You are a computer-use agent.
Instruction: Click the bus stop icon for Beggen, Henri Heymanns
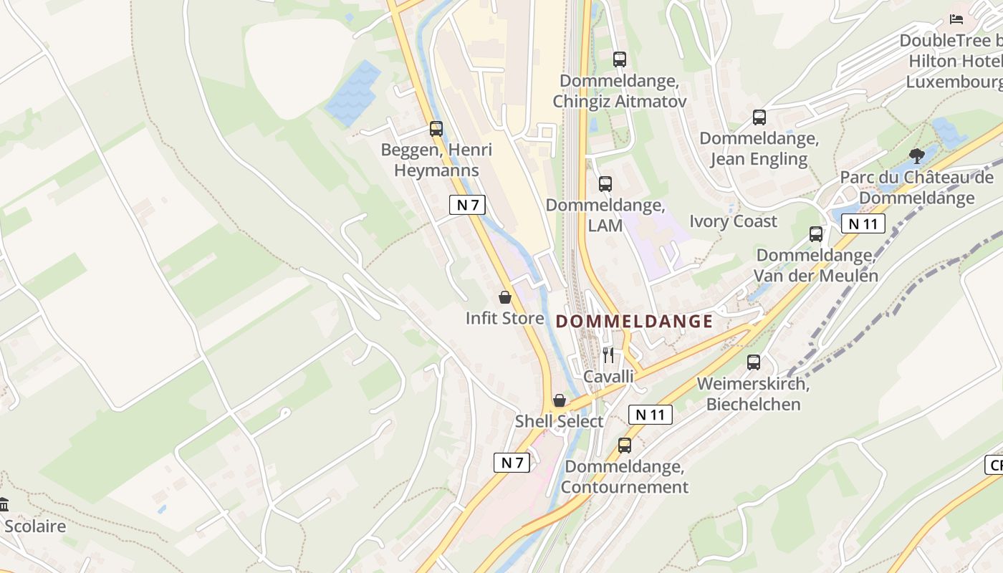coord(436,129)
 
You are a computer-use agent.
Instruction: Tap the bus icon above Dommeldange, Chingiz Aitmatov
coord(620,59)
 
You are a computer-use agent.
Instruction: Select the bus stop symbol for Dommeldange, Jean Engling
coord(759,117)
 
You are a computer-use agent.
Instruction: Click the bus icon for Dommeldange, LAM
coord(605,184)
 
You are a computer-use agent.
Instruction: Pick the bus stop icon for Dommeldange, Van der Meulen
coord(815,234)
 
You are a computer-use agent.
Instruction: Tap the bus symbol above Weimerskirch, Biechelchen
coord(753,362)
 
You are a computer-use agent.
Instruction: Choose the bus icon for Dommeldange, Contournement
coord(624,446)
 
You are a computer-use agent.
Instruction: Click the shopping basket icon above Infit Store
coord(505,297)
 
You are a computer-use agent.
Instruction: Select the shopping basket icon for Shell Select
coord(559,400)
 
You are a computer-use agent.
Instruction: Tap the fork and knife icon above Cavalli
coord(608,355)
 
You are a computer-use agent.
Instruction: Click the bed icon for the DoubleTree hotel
coord(956,19)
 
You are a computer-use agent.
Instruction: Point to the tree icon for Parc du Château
coord(916,155)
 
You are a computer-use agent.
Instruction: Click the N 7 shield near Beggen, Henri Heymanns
coord(467,205)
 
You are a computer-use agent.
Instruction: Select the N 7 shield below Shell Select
coord(512,463)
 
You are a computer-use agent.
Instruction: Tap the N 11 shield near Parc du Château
coord(863,223)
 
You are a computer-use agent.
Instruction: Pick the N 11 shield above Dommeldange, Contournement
coord(651,414)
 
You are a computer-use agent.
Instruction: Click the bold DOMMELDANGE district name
coord(634,322)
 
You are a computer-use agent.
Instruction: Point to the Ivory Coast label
coord(733,221)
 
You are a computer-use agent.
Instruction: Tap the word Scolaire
coord(35,526)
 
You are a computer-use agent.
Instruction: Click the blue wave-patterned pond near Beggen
coord(353,93)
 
